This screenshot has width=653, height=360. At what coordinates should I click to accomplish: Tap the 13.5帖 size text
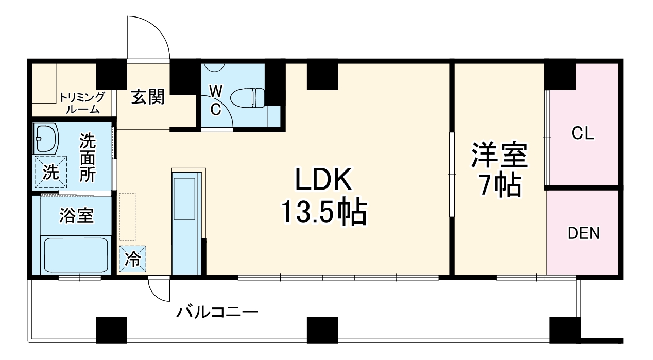[323, 212]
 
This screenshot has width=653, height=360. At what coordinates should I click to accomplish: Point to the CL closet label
[583, 134]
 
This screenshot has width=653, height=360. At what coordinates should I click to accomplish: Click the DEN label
[583, 233]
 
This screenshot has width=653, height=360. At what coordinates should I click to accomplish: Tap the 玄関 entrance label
[147, 96]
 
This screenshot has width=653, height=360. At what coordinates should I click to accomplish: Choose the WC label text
[216, 100]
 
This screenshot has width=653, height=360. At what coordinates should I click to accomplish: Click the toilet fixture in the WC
[247, 97]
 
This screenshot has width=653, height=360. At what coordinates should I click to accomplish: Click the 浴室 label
[76, 216]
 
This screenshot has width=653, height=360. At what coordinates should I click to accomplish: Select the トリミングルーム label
[82, 103]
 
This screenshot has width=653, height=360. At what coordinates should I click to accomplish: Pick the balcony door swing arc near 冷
[159, 290]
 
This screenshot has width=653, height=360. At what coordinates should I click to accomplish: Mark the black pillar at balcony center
[322, 330]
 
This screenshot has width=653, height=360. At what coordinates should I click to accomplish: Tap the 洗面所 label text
[87, 158]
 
